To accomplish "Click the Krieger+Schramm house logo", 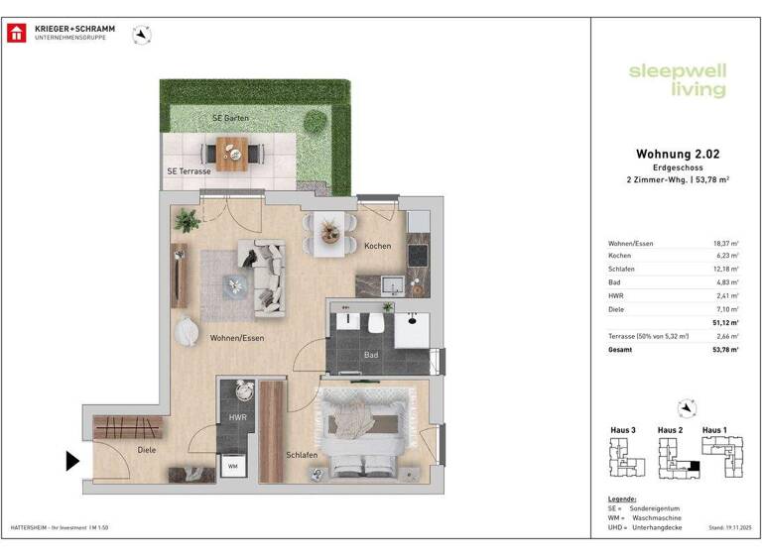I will (x=17, y=33).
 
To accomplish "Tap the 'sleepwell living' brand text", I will (x=677, y=80).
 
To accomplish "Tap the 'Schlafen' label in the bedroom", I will (x=302, y=455).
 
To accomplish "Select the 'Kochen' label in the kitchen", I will (x=377, y=246).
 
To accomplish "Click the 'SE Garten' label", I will (x=230, y=118).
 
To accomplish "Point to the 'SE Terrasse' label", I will (x=189, y=171).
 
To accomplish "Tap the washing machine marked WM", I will (x=233, y=466).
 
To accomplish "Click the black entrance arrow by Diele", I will (x=72, y=461).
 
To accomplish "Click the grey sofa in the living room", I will (x=266, y=279).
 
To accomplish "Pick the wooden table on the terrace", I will (x=235, y=154).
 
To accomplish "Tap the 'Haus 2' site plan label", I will (x=670, y=429).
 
